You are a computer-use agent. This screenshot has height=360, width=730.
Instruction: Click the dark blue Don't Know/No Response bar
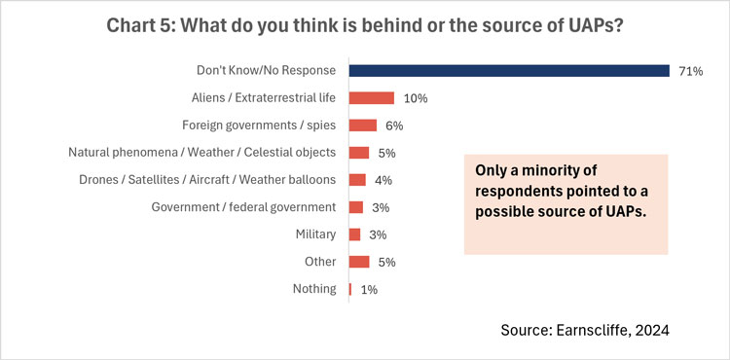pos(508,70)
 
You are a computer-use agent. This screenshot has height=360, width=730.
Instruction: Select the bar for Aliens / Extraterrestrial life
pos(371,97)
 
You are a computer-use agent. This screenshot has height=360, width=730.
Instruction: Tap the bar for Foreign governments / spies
pos(362,125)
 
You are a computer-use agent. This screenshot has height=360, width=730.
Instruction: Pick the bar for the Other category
pos(359,261)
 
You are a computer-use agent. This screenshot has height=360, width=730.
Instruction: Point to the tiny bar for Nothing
pos(350,288)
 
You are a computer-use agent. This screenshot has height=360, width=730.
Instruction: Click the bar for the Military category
pos(354,234)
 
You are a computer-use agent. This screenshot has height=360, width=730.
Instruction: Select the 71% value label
pos(691,71)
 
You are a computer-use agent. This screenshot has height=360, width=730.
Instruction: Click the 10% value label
pos(415,98)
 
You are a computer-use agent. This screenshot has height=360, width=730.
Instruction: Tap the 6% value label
pos(394,126)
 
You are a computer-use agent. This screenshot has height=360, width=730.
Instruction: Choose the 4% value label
pos(383,180)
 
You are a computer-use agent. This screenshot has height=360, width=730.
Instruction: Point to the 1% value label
pos(369,289)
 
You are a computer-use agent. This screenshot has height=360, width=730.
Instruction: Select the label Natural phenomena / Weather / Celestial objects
pos(201,152)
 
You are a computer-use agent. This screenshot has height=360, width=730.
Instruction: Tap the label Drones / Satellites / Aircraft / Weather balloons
pos(207,179)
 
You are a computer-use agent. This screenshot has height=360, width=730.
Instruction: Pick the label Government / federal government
pos(244,206)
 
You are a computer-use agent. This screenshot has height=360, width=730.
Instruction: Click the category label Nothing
pos(314,288)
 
